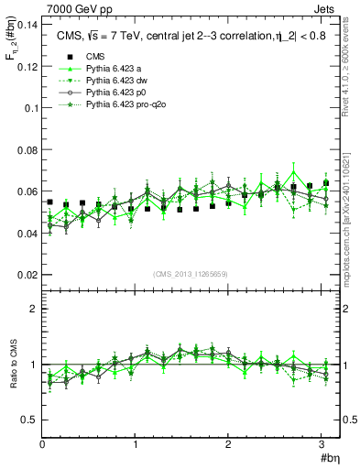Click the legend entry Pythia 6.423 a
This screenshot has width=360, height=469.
pos(109,68)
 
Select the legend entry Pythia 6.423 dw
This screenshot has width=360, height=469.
pos(112,81)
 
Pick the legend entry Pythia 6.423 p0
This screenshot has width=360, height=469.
pos(112,93)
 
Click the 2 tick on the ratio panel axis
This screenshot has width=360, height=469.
pos(33,309)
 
